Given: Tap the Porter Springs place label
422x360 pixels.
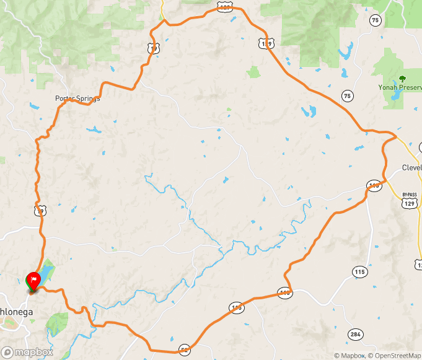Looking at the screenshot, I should pyautogui.click(x=77, y=98).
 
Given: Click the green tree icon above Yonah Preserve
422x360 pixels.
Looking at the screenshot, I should pyautogui.click(x=402, y=78).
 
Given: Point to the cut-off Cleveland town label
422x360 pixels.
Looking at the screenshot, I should pyautogui.click(x=411, y=167).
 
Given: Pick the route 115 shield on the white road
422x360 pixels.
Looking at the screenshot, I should pyautogui.click(x=359, y=271).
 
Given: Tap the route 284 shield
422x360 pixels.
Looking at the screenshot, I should pyautogui.click(x=354, y=335).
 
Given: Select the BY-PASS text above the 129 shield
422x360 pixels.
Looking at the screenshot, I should pyautogui.click(x=410, y=194).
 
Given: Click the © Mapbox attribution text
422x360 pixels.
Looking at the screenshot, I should pyautogui.click(x=350, y=356).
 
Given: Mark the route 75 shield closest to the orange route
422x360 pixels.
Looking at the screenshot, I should pyautogui.click(x=348, y=95).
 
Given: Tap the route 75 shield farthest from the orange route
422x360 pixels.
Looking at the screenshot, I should pyautogui.click(x=375, y=21).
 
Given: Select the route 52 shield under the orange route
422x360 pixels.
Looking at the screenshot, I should pyautogui.click(x=185, y=349).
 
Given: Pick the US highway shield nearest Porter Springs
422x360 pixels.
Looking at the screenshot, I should pyautogui.click(x=154, y=47).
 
